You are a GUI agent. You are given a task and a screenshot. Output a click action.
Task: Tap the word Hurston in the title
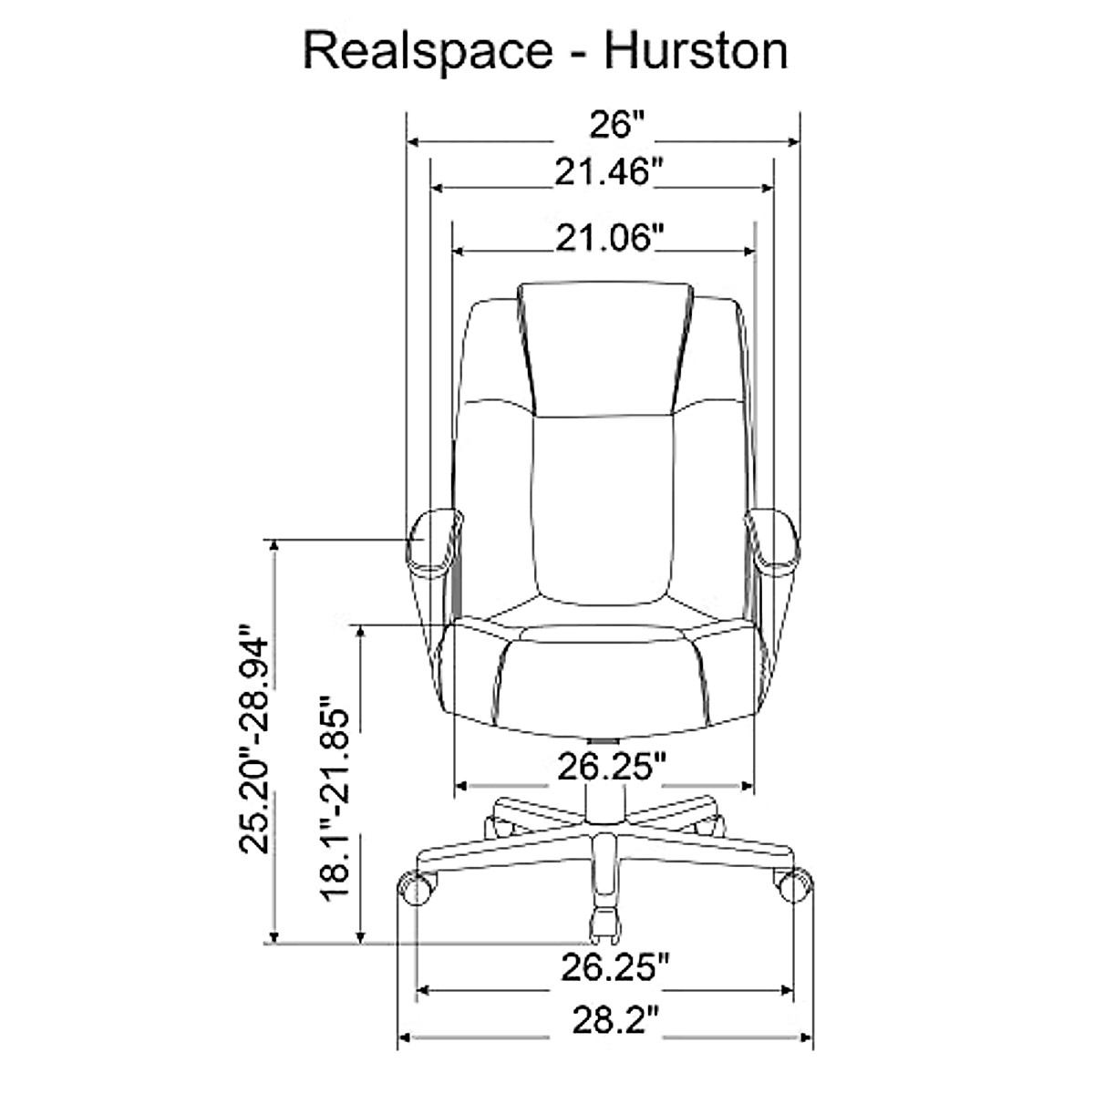point(695,52)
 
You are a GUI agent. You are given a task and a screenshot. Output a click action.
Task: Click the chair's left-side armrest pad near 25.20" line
point(433,543)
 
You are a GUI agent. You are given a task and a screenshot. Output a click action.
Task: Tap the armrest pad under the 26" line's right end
point(774,543)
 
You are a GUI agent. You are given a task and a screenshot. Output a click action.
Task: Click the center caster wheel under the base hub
point(604,921)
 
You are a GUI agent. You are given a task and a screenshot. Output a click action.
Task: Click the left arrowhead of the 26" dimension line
point(413,142)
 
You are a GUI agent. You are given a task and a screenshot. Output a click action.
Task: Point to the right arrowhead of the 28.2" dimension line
point(806,1037)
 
